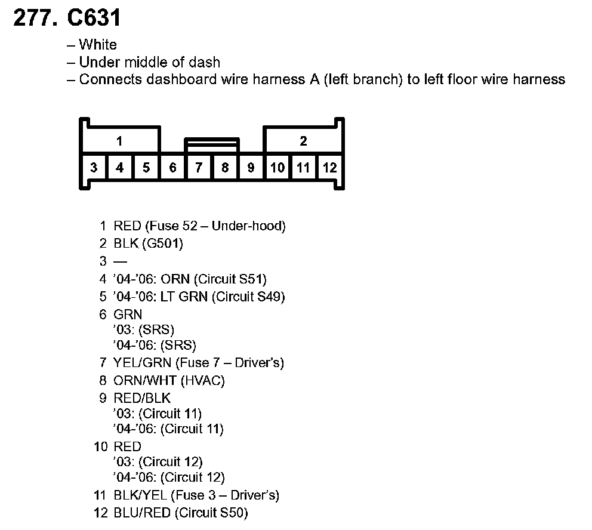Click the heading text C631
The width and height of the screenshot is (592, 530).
[x=94, y=18]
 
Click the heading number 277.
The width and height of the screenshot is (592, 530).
[x=35, y=18]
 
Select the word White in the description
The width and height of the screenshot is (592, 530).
[x=98, y=45]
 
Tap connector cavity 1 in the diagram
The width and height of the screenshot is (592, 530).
[x=119, y=141]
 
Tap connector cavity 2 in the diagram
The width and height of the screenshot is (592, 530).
[x=303, y=141]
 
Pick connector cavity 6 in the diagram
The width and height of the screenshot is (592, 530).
[x=172, y=168]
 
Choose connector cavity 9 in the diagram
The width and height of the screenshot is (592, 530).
[x=251, y=168]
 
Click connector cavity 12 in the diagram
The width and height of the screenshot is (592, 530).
[x=329, y=168]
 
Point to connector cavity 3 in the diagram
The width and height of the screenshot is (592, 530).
[x=94, y=168]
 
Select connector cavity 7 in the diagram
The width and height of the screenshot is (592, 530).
[x=199, y=168]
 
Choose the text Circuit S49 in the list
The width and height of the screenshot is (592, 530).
[x=247, y=297]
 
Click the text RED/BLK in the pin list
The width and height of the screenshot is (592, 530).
[x=141, y=398]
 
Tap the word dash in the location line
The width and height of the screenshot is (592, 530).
[x=207, y=62]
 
